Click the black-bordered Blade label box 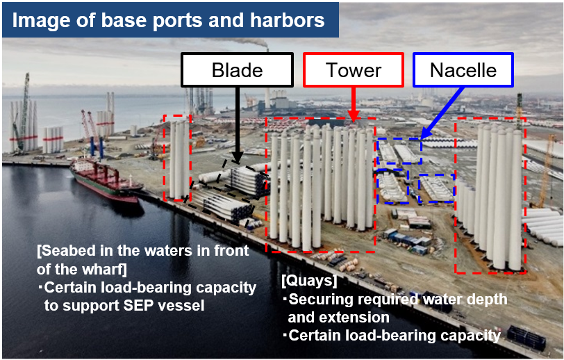click(x=237, y=69)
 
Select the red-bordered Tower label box click(x=354, y=69)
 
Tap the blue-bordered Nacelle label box click(x=463, y=69)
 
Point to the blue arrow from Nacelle click(x=442, y=113)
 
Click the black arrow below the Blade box click(x=237, y=124)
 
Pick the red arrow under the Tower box click(x=354, y=104)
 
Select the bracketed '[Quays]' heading click(x=309, y=281)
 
